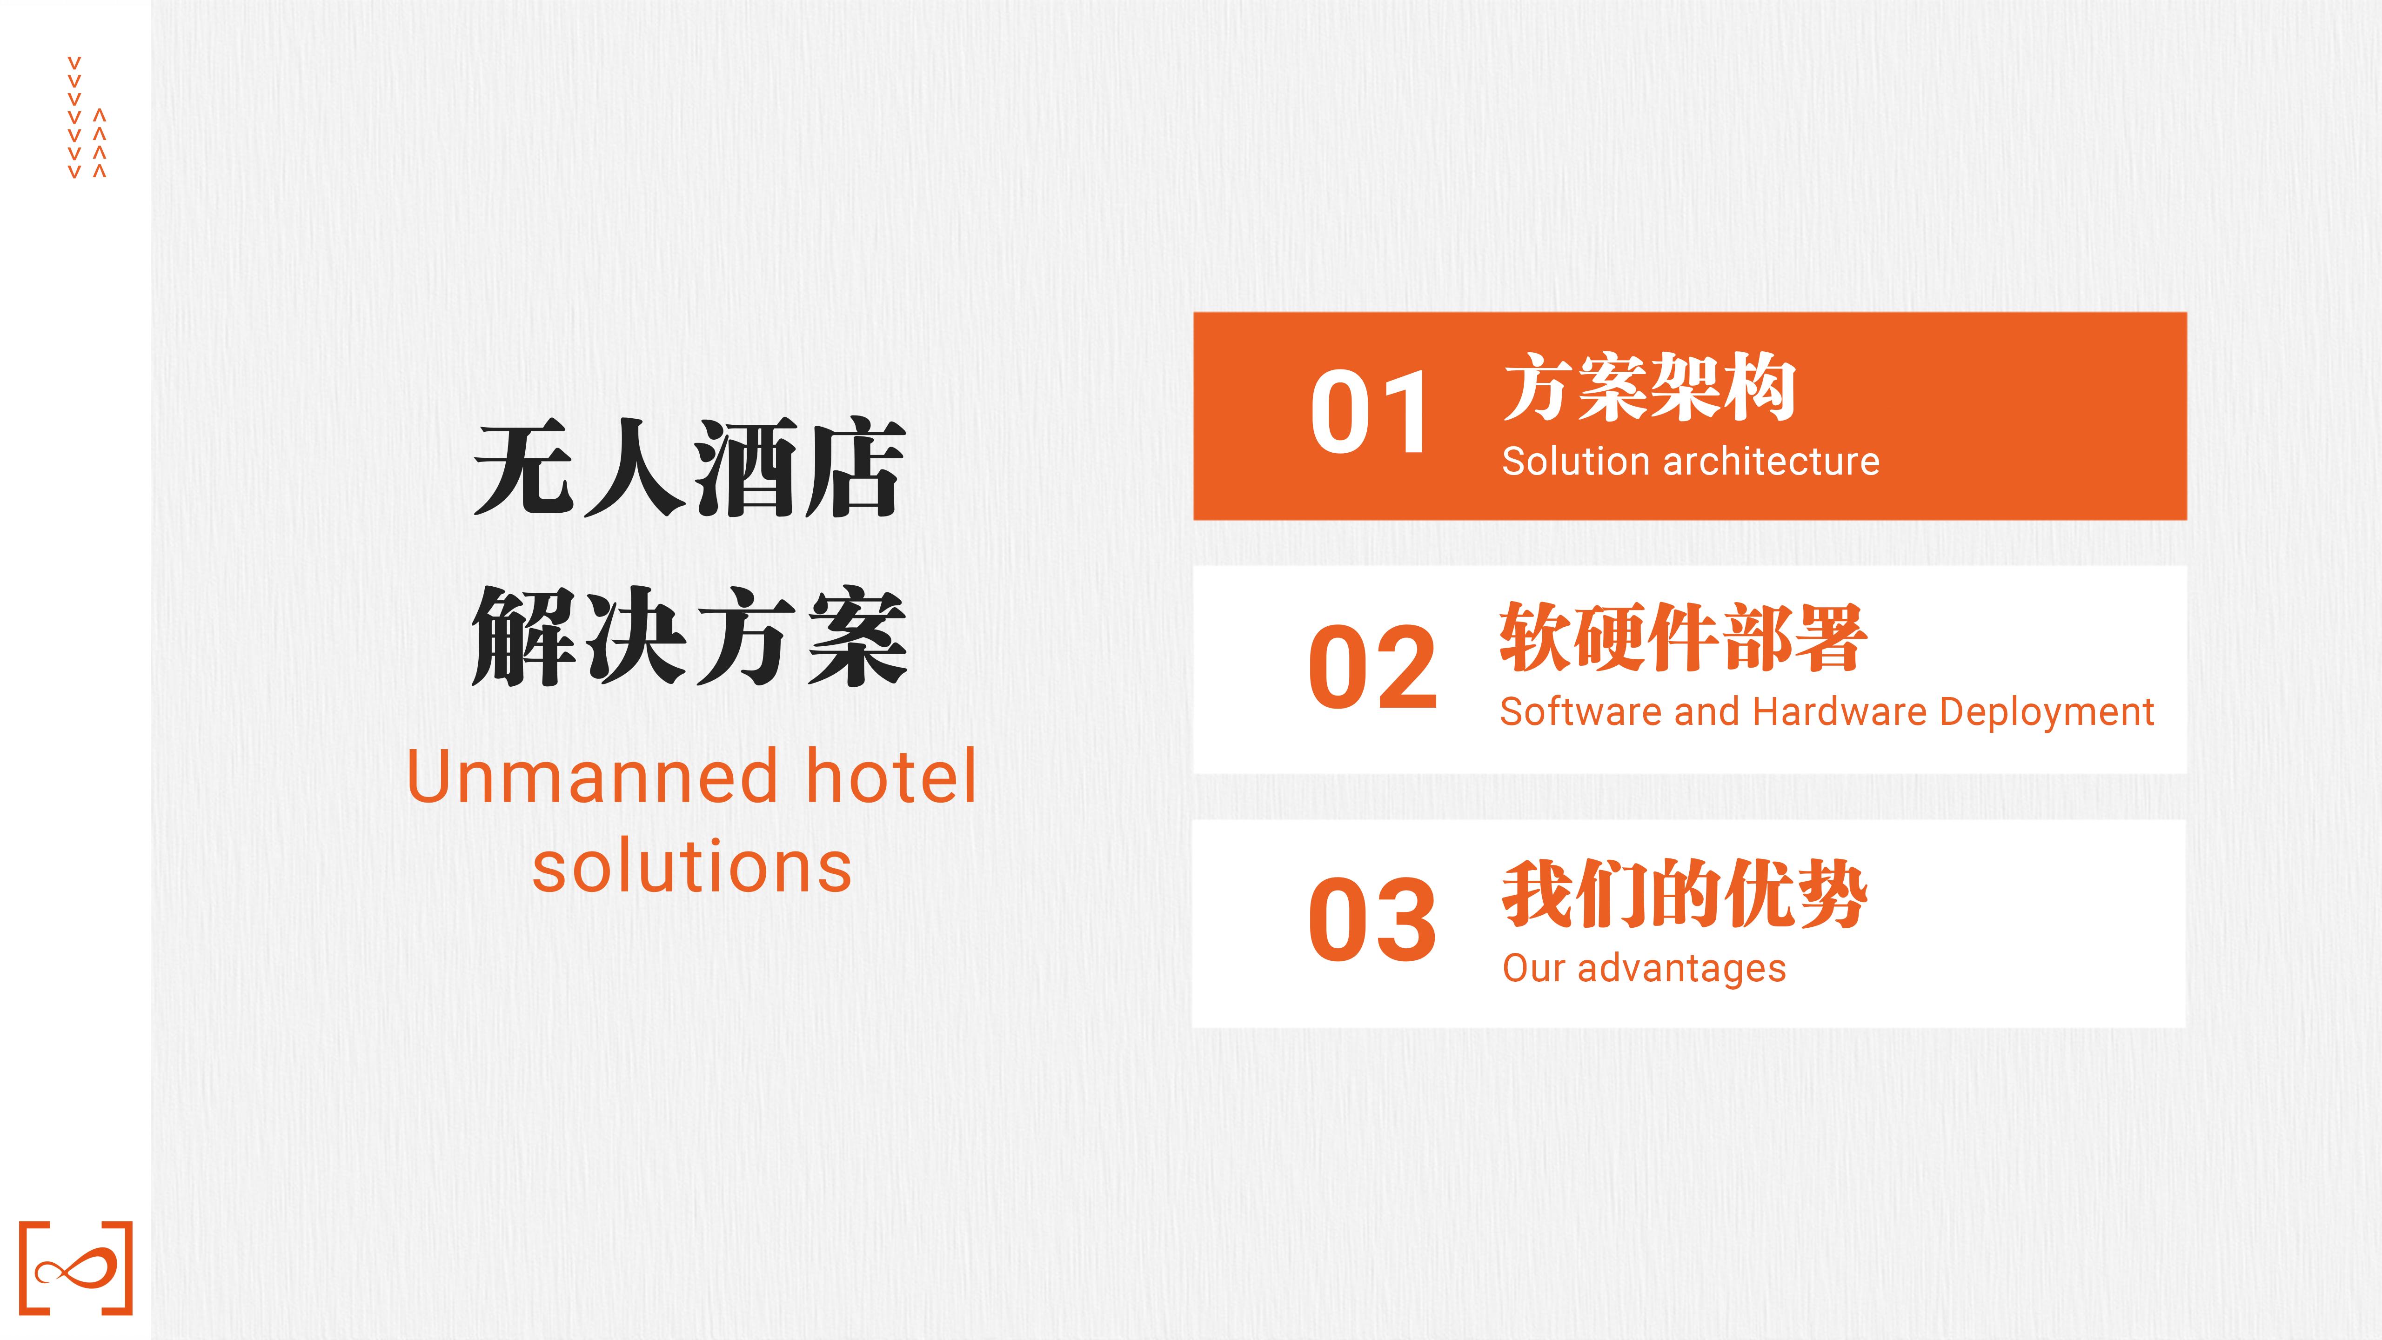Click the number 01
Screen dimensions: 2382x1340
point(1370,412)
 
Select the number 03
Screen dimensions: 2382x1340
point(1372,919)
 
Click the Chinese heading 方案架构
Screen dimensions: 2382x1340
point(1650,387)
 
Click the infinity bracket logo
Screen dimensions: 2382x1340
point(76,1268)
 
